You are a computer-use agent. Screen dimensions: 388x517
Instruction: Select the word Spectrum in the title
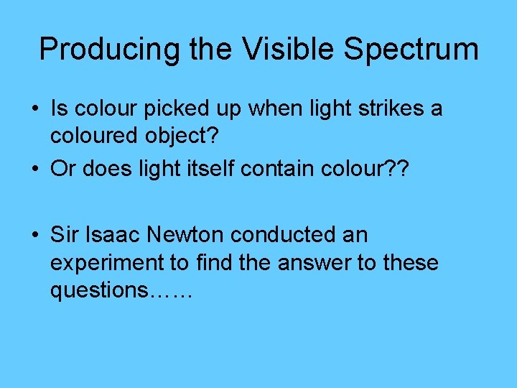click(411, 50)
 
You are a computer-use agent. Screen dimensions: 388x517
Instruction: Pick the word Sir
click(62, 234)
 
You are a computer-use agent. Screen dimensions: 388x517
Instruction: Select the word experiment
click(106, 263)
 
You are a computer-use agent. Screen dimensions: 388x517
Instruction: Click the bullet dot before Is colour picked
click(35, 109)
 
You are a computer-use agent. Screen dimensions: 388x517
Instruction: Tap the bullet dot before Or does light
click(35, 169)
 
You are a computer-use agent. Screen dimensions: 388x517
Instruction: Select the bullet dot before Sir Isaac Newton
click(35, 234)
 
